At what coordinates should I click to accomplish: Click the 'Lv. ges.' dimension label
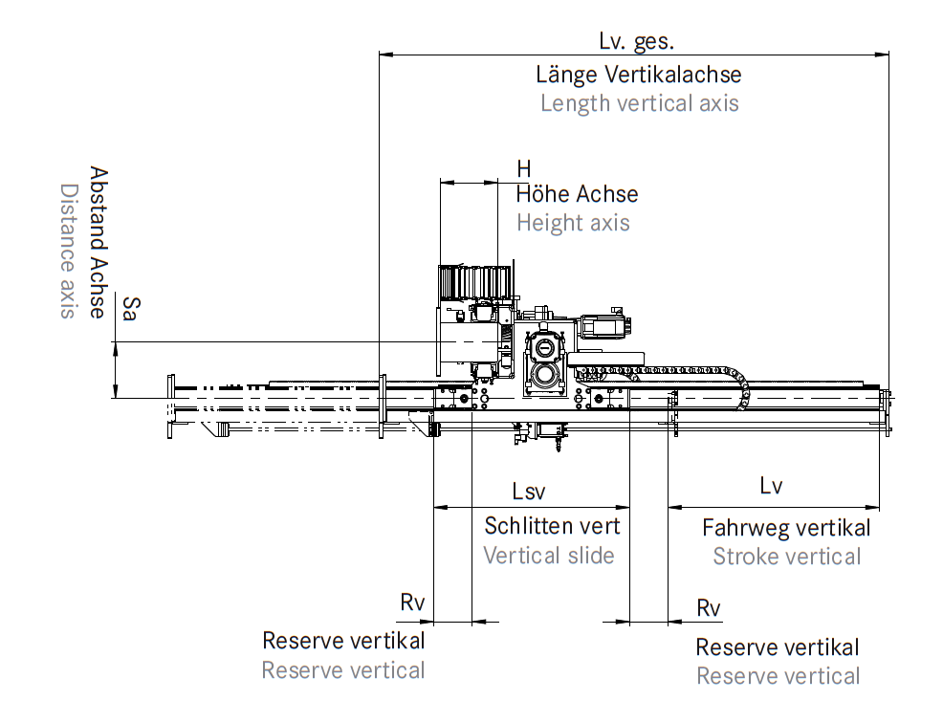tap(636, 41)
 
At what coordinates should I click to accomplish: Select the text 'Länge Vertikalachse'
tap(638, 74)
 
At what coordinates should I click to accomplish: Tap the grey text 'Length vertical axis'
tap(639, 103)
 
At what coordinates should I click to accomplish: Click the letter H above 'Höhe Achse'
tap(523, 168)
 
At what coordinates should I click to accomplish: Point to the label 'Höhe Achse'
tap(577, 194)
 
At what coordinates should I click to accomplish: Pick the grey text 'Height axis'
tap(573, 223)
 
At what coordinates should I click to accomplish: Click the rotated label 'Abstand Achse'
tap(98, 243)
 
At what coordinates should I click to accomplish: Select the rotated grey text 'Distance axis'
tap(68, 252)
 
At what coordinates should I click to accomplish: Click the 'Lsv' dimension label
tap(528, 492)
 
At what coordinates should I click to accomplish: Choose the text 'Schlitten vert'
tap(552, 525)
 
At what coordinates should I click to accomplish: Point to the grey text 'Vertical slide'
tap(548, 556)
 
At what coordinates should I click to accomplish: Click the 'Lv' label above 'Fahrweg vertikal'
tap(771, 486)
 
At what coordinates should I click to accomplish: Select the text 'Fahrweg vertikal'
tap(786, 528)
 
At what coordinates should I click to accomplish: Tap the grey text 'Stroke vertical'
tap(786, 557)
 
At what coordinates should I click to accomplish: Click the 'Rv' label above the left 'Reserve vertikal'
tap(411, 602)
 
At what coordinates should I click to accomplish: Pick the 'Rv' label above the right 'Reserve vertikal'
tap(708, 608)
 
